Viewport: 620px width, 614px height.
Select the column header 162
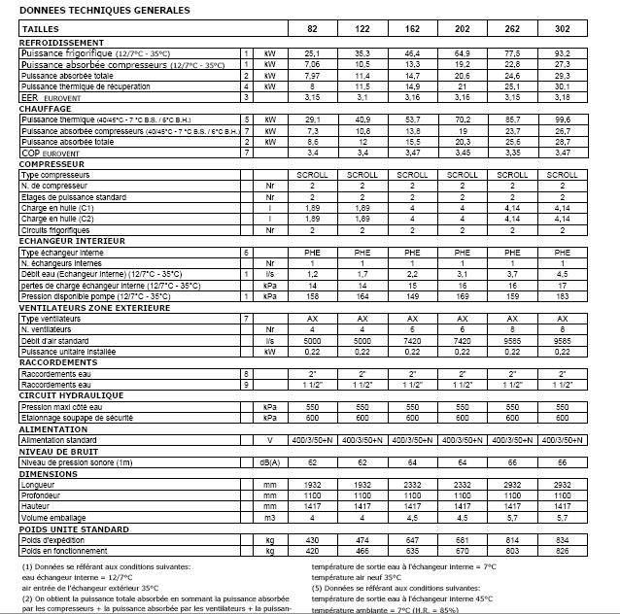pyautogui.click(x=412, y=30)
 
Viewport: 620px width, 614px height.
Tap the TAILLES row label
pyautogui.click(x=39, y=30)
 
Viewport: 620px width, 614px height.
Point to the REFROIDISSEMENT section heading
pyautogui.click(x=61, y=43)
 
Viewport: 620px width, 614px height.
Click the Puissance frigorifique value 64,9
pyautogui.click(x=462, y=52)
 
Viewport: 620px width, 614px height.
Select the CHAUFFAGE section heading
pyautogui.click(x=47, y=109)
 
